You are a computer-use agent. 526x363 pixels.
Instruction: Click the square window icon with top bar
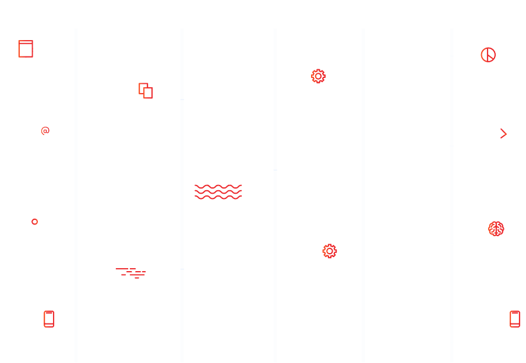click(x=26, y=49)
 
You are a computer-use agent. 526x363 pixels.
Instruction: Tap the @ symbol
click(x=45, y=131)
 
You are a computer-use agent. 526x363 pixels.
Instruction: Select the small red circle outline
click(x=34, y=222)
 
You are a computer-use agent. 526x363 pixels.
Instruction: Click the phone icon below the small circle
click(x=49, y=319)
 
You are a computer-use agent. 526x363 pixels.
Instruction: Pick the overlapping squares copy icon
click(x=146, y=91)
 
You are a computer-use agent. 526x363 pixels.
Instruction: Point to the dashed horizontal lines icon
click(x=131, y=273)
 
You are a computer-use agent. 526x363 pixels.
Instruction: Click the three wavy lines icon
click(x=218, y=192)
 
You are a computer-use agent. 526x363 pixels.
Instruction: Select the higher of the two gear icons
click(x=318, y=76)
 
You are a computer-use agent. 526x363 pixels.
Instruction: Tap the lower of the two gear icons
click(x=330, y=251)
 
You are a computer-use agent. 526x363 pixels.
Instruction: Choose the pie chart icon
click(x=488, y=55)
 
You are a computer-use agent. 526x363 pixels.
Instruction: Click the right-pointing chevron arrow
click(x=503, y=134)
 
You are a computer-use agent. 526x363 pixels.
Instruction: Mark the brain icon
click(x=496, y=229)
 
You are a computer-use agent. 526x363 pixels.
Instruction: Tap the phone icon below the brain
click(x=515, y=319)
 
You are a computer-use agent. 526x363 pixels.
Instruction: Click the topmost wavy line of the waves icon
click(x=218, y=187)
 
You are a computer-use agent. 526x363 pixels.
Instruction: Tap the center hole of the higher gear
click(x=318, y=76)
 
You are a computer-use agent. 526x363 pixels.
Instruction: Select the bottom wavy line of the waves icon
click(x=218, y=198)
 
